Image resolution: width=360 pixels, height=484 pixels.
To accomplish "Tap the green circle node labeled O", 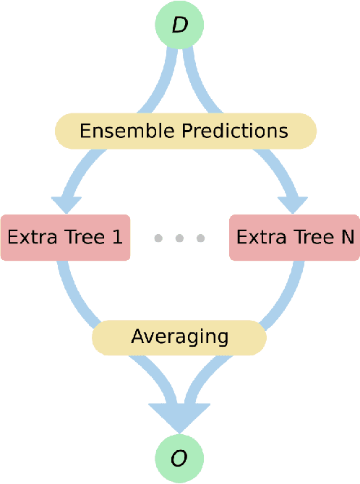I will pyautogui.click(x=179, y=459).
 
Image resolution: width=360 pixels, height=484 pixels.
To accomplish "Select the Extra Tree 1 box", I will pyautogui.click(x=65, y=237).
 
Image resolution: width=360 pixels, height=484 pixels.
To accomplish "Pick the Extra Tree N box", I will pyautogui.click(x=294, y=237).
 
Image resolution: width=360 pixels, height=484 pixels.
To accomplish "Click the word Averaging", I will pyautogui.click(x=179, y=336).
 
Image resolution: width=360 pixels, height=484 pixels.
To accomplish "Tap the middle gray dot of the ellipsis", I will pyautogui.click(x=180, y=238).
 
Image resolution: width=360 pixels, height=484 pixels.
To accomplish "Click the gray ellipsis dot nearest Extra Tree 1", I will pyautogui.click(x=159, y=238).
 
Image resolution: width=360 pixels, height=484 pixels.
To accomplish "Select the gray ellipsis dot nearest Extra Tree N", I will pyautogui.click(x=201, y=238).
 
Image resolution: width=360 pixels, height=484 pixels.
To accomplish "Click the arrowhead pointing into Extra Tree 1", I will pyautogui.click(x=67, y=202).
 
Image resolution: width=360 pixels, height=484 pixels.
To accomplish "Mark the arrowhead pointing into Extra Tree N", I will pyautogui.click(x=292, y=202).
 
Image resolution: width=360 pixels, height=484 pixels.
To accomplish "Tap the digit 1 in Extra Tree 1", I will pyautogui.click(x=117, y=237).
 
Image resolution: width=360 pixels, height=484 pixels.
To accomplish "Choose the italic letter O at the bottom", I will pyautogui.click(x=179, y=459).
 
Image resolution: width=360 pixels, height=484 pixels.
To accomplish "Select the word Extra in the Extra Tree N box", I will pyautogui.click(x=257, y=237).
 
